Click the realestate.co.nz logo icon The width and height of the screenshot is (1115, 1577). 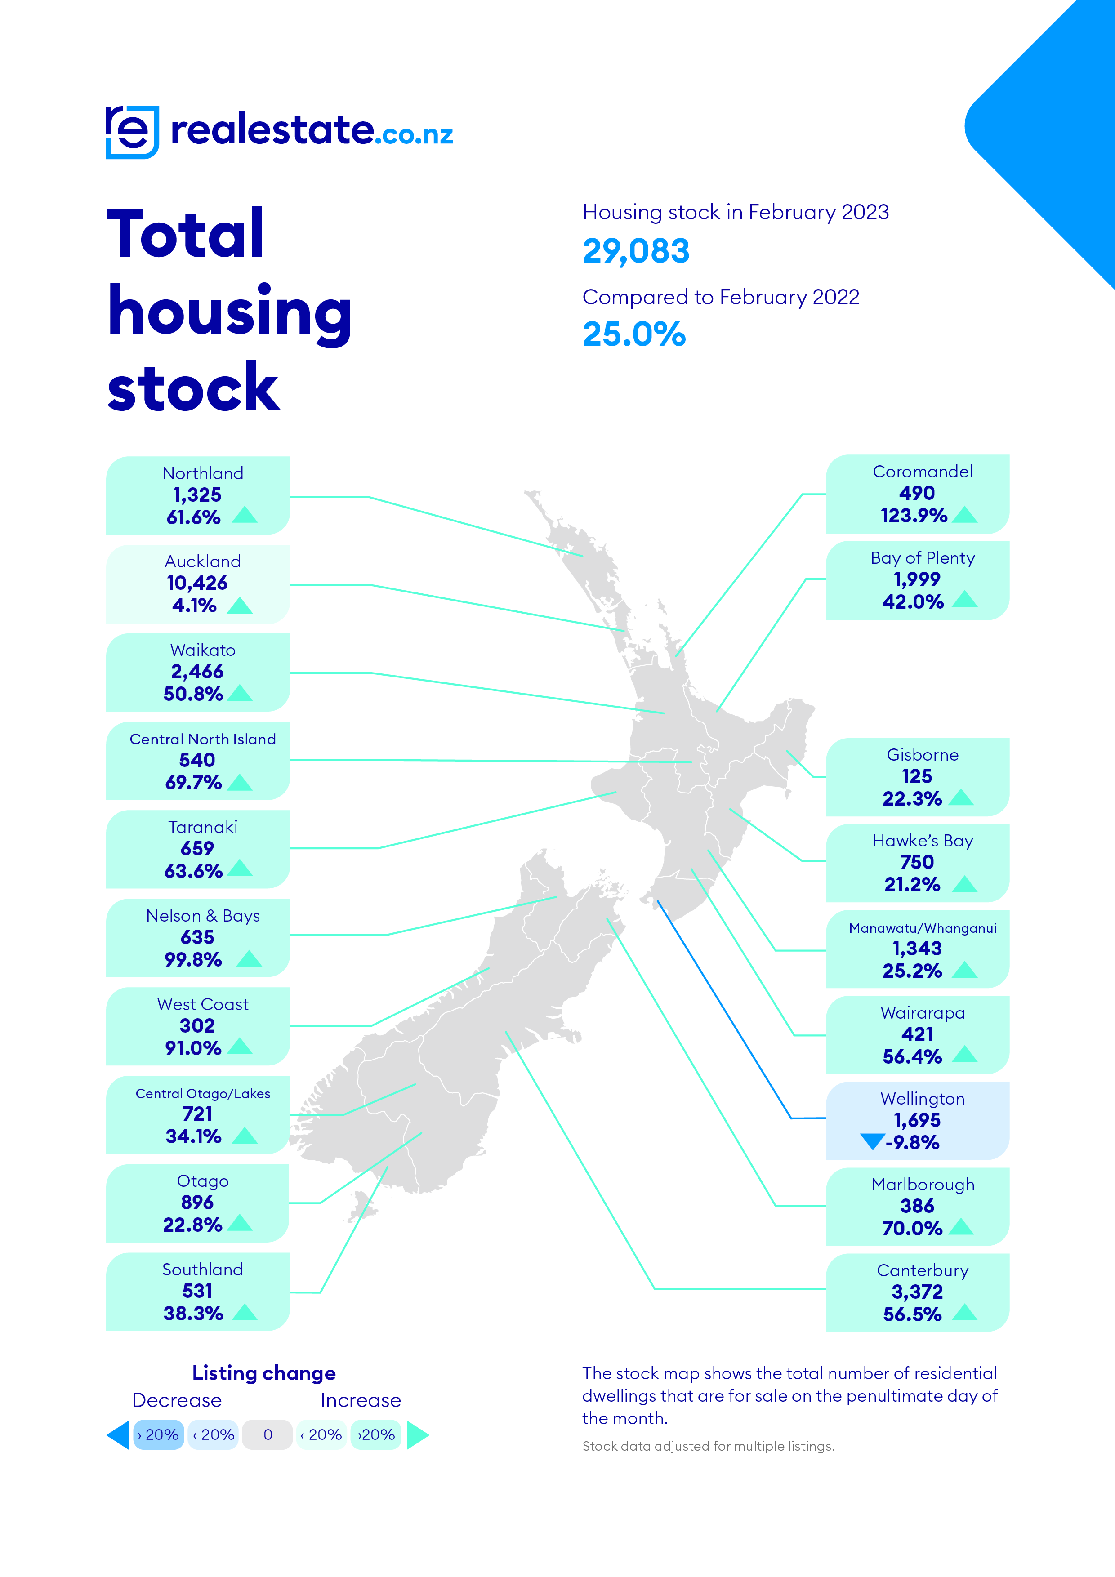pos(132,132)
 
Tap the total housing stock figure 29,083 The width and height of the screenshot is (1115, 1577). pos(635,251)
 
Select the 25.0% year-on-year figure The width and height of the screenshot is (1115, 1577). pos(633,334)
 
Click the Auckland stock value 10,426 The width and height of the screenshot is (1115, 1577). pos(197,583)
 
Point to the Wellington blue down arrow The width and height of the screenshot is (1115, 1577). pos(872,1141)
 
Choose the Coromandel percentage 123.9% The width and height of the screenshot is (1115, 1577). pos(914,516)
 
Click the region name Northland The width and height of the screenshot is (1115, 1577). pos(203,473)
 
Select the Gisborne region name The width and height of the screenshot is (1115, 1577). pos(922,755)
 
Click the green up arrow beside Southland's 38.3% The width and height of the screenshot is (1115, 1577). pos(245,1313)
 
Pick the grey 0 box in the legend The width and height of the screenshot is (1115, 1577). pos(268,1435)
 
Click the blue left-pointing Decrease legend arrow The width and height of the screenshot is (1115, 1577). pos(118,1435)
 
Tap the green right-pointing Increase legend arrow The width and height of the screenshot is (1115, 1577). pos(417,1435)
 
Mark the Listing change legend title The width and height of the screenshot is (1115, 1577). pos(264,1373)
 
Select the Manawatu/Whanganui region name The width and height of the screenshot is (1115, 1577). pos(922,928)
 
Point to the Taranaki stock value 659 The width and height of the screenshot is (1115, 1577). pos(197,848)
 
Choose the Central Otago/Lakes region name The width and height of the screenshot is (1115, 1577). pos(203,1093)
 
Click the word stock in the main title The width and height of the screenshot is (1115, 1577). pos(194,388)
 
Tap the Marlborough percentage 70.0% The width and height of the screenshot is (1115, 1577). pos(912,1228)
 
